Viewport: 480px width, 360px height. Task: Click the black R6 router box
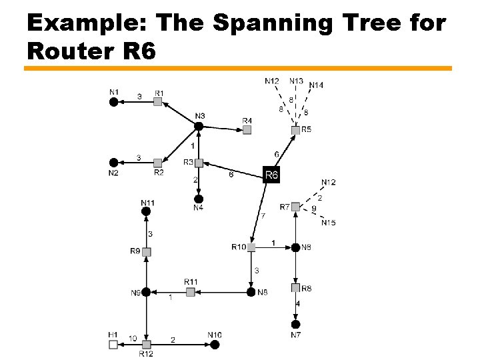pos(271,175)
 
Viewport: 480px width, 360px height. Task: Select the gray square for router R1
pos(158,101)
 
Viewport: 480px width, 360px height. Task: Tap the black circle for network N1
pos(114,101)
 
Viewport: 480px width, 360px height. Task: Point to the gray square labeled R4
pos(247,130)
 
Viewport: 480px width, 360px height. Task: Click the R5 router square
pos(295,130)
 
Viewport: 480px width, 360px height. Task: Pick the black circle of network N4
pos(198,199)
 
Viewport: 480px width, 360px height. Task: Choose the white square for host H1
pos(113,345)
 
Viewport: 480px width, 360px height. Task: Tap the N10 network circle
pos(215,345)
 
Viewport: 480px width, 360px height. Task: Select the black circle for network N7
pos(295,324)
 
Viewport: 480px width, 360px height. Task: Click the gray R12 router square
pos(146,345)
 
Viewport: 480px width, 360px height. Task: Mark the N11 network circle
pos(146,211)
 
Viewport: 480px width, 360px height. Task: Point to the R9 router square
pos(146,252)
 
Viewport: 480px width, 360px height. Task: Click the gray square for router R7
pos(295,207)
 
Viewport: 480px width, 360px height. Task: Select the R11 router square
pos(190,292)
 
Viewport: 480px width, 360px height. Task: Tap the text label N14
pos(316,85)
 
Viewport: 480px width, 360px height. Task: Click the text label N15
pos(328,223)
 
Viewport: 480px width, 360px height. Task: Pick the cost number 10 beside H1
pos(133,339)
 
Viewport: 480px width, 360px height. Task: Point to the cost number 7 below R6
pos(263,215)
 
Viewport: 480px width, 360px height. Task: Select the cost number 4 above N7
pos(298,304)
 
